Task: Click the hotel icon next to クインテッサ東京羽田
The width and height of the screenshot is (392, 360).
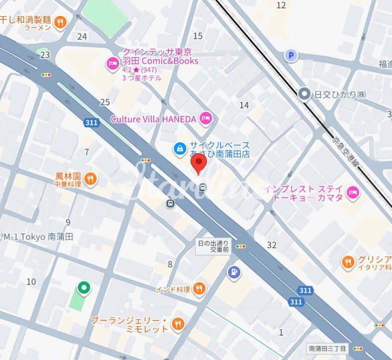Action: (112, 63)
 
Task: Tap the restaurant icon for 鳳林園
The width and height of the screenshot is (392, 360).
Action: (90, 179)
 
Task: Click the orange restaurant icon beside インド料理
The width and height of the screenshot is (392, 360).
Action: (199, 288)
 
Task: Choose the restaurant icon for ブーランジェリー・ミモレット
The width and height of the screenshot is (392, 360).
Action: (178, 324)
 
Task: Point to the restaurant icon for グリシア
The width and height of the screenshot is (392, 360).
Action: (348, 262)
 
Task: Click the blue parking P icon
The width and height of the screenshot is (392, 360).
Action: (291, 55)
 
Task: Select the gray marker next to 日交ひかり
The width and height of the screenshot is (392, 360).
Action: (304, 93)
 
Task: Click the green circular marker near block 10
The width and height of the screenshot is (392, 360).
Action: (84, 287)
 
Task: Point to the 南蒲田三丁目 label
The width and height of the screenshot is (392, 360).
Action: (327, 349)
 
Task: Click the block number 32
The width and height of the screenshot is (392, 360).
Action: (272, 245)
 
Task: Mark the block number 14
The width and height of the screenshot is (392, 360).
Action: (244, 105)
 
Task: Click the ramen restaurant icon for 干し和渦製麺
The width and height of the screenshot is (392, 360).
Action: (61, 21)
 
